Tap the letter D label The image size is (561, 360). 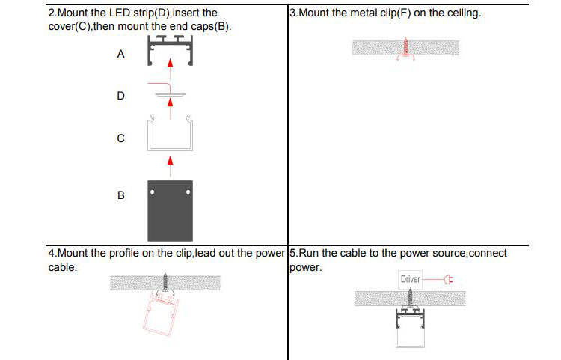(x=121, y=97)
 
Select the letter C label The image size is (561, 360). (x=121, y=138)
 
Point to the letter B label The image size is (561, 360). (x=121, y=195)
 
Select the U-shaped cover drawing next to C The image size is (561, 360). (x=170, y=135)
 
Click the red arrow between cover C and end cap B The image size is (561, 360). (x=171, y=160)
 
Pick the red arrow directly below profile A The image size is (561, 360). (x=171, y=65)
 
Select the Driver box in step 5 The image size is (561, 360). (x=411, y=280)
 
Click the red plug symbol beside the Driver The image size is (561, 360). (x=448, y=281)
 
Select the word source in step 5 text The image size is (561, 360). (x=447, y=253)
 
